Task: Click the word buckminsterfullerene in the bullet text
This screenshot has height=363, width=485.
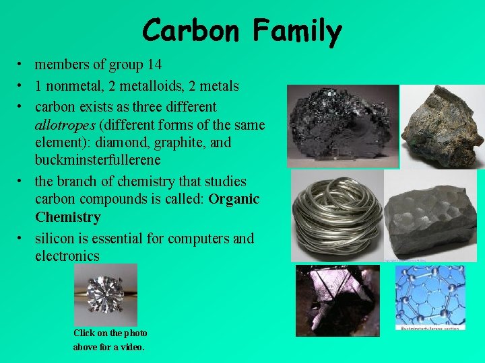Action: pyautogui.click(x=98, y=161)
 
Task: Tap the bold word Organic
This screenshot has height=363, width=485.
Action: pyautogui.click(x=234, y=200)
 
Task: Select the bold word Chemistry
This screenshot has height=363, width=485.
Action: pyautogui.click(x=68, y=218)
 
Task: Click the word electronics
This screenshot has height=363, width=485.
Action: pyautogui.click(x=67, y=256)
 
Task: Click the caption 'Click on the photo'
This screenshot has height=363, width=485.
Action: pyautogui.click(x=110, y=333)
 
